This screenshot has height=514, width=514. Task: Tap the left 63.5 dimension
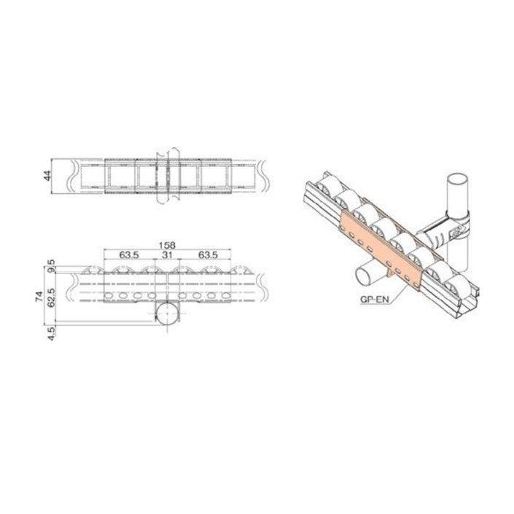pos(130,254)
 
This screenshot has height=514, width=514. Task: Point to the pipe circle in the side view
pos(168,315)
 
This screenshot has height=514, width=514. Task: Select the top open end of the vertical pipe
pos(457,178)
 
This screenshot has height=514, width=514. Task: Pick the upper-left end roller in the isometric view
pos(328,184)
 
